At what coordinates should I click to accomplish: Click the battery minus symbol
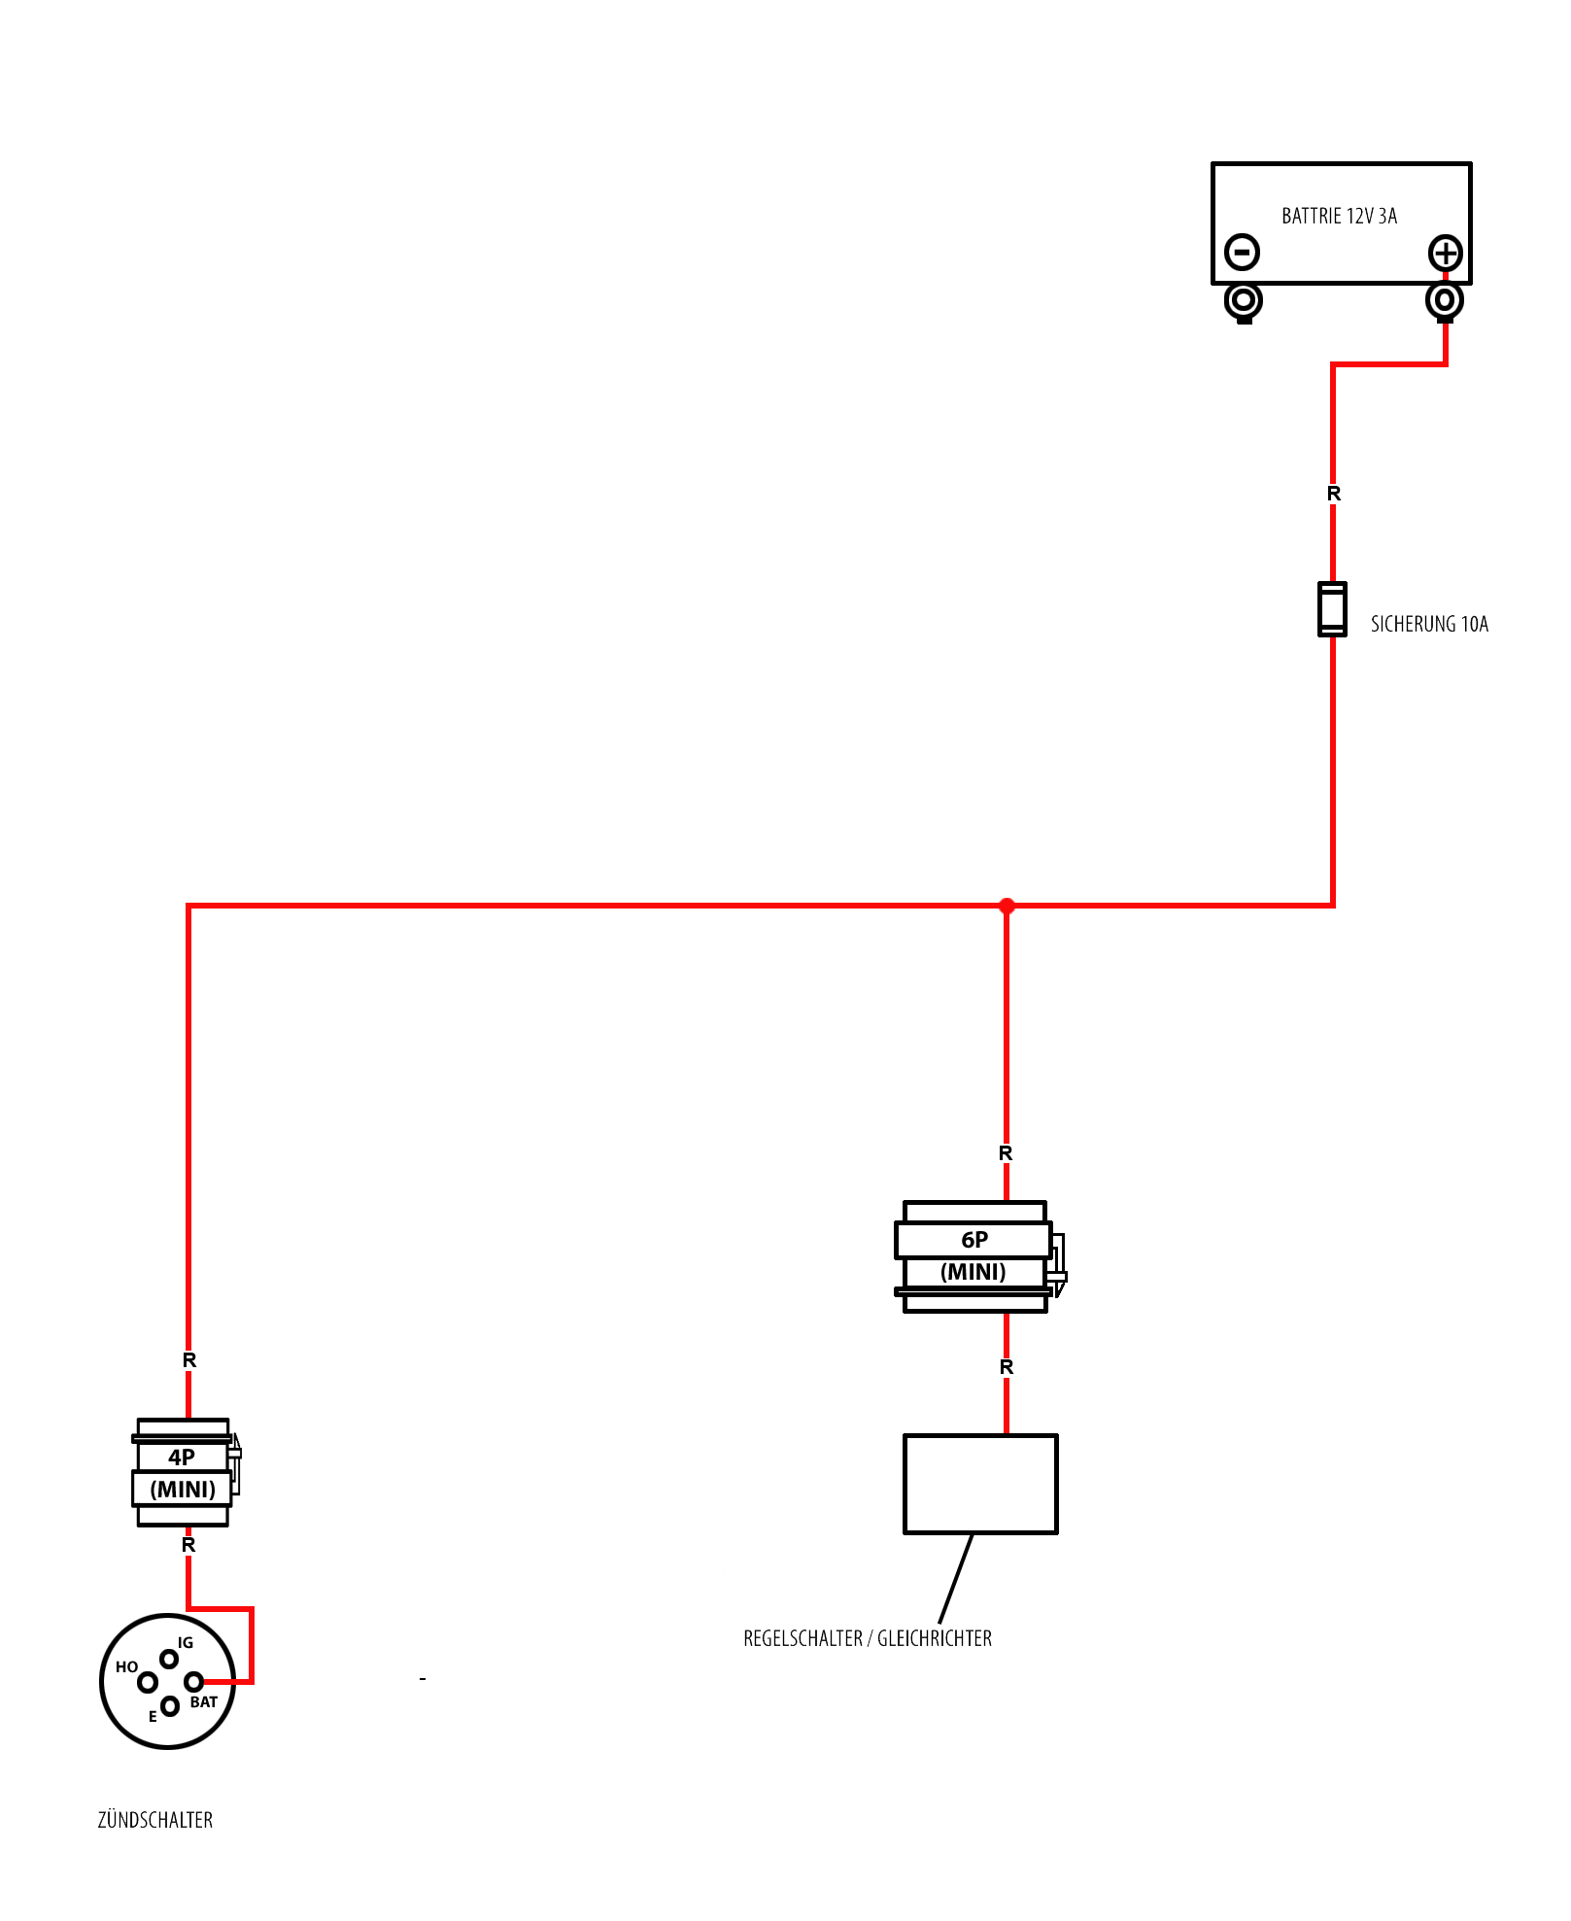click(1242, 252)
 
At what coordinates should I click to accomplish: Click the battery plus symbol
click(1446, 253)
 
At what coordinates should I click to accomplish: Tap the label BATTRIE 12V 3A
click(1339, 216)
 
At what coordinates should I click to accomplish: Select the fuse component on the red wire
click(1332, 609)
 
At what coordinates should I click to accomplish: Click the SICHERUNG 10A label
click(1429, 624)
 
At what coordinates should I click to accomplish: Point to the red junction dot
click(1007, 906)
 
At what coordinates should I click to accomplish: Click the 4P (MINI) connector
click(185, 1472)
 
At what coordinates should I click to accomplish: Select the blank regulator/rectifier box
click(980, 1484)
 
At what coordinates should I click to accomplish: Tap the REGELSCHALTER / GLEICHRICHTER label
click(868, 1638)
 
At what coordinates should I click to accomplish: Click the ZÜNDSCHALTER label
click(155, 1820)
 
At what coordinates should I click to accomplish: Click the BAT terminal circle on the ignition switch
click(193, 1681)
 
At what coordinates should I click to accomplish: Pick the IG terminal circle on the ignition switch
click(169, 1659)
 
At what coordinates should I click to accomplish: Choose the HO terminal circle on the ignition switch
click(148, 1682)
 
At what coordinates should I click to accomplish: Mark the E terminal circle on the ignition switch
click(170, 1705)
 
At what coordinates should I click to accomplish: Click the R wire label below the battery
click(1334, 494)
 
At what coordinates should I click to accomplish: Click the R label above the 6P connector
click(1006, 1153)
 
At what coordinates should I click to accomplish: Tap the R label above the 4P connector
click(189, 1360)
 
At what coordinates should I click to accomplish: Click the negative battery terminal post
click(1244, 302)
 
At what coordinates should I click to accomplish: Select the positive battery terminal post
click(1445, 301)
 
